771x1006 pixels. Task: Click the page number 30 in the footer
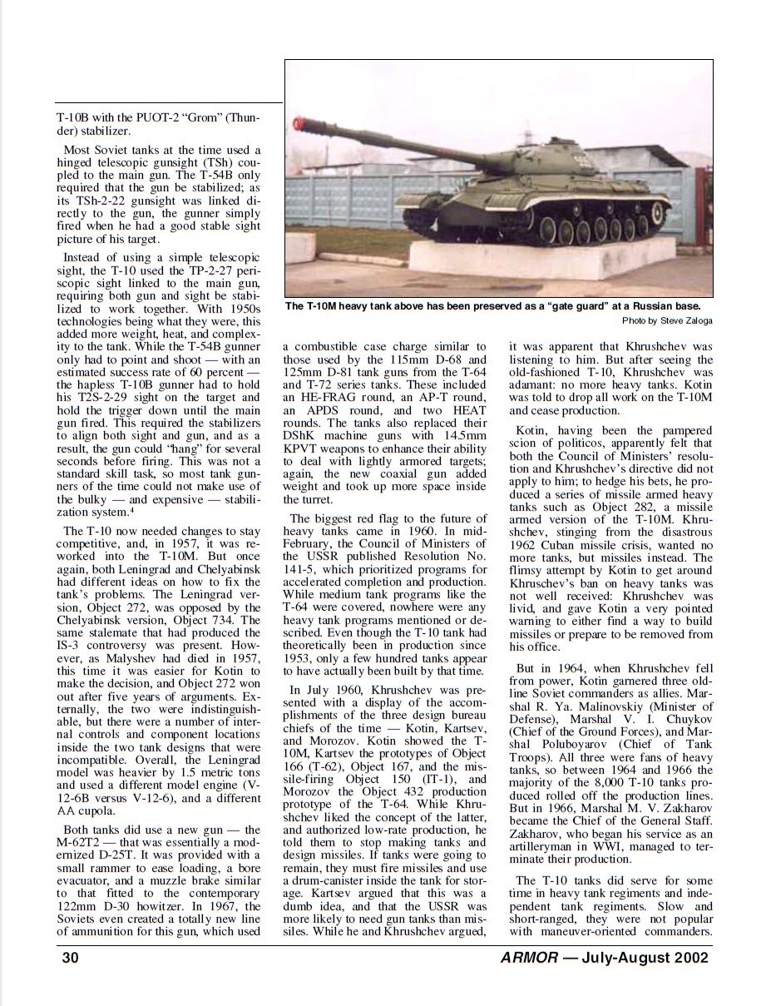point(70,958)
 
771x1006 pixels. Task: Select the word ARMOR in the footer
point(530,958)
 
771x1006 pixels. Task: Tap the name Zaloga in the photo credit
point(695,320)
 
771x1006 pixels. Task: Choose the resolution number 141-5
point(303,570)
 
